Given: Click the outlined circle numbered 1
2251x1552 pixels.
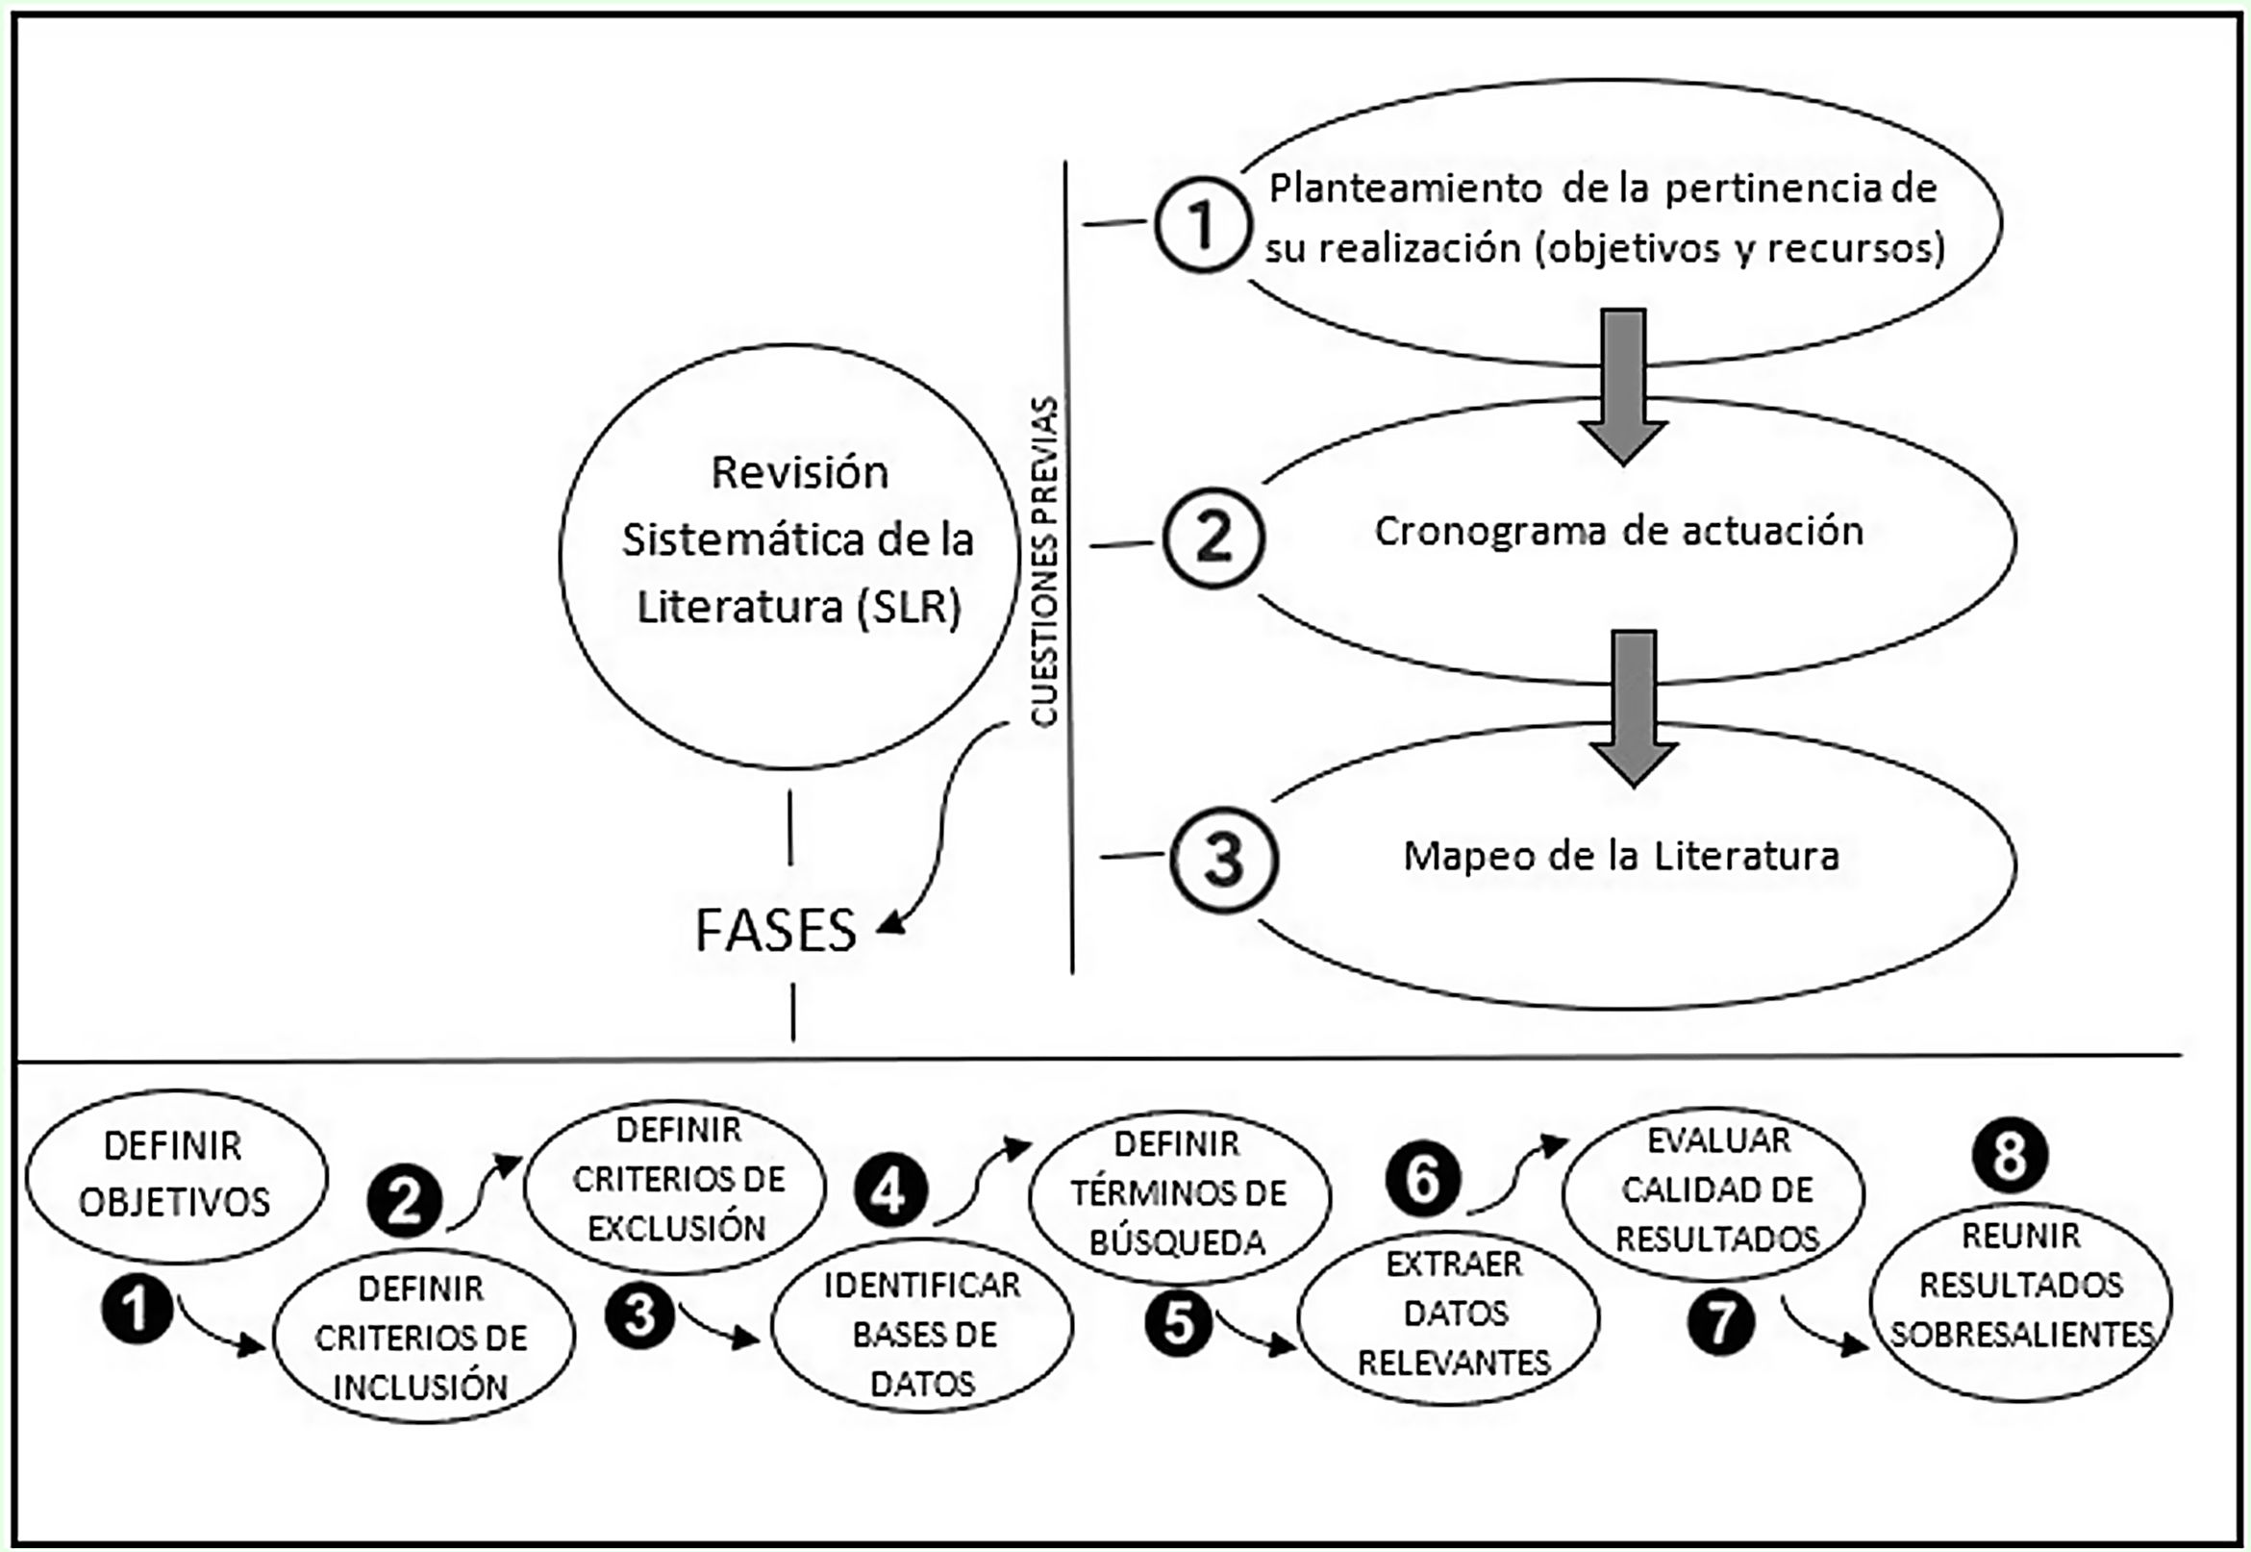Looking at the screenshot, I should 1202,225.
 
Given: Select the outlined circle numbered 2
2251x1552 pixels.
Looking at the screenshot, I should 1213,538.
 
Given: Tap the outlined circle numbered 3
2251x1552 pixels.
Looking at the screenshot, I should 1223,860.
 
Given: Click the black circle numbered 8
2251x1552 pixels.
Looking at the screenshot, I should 2010,1156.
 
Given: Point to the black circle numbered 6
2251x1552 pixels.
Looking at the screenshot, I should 1422,1180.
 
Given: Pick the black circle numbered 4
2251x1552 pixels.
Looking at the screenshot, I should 890,1191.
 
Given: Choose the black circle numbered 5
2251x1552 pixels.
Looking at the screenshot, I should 1179,1322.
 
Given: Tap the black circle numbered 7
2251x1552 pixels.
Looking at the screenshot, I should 1721,1322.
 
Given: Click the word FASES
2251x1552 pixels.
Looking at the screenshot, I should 776,931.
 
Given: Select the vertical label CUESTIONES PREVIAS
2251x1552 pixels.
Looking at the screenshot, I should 1044,563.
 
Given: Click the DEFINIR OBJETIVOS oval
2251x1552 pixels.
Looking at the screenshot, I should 176,1175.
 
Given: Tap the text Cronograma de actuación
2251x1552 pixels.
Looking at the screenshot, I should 1619,532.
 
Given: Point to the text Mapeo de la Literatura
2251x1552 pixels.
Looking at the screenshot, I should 1621,857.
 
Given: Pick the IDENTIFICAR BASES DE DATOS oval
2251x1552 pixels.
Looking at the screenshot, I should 922,1335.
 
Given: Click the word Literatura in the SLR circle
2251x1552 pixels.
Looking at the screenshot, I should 740,608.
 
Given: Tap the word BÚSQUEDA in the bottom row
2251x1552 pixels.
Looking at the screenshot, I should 1178,1242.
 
